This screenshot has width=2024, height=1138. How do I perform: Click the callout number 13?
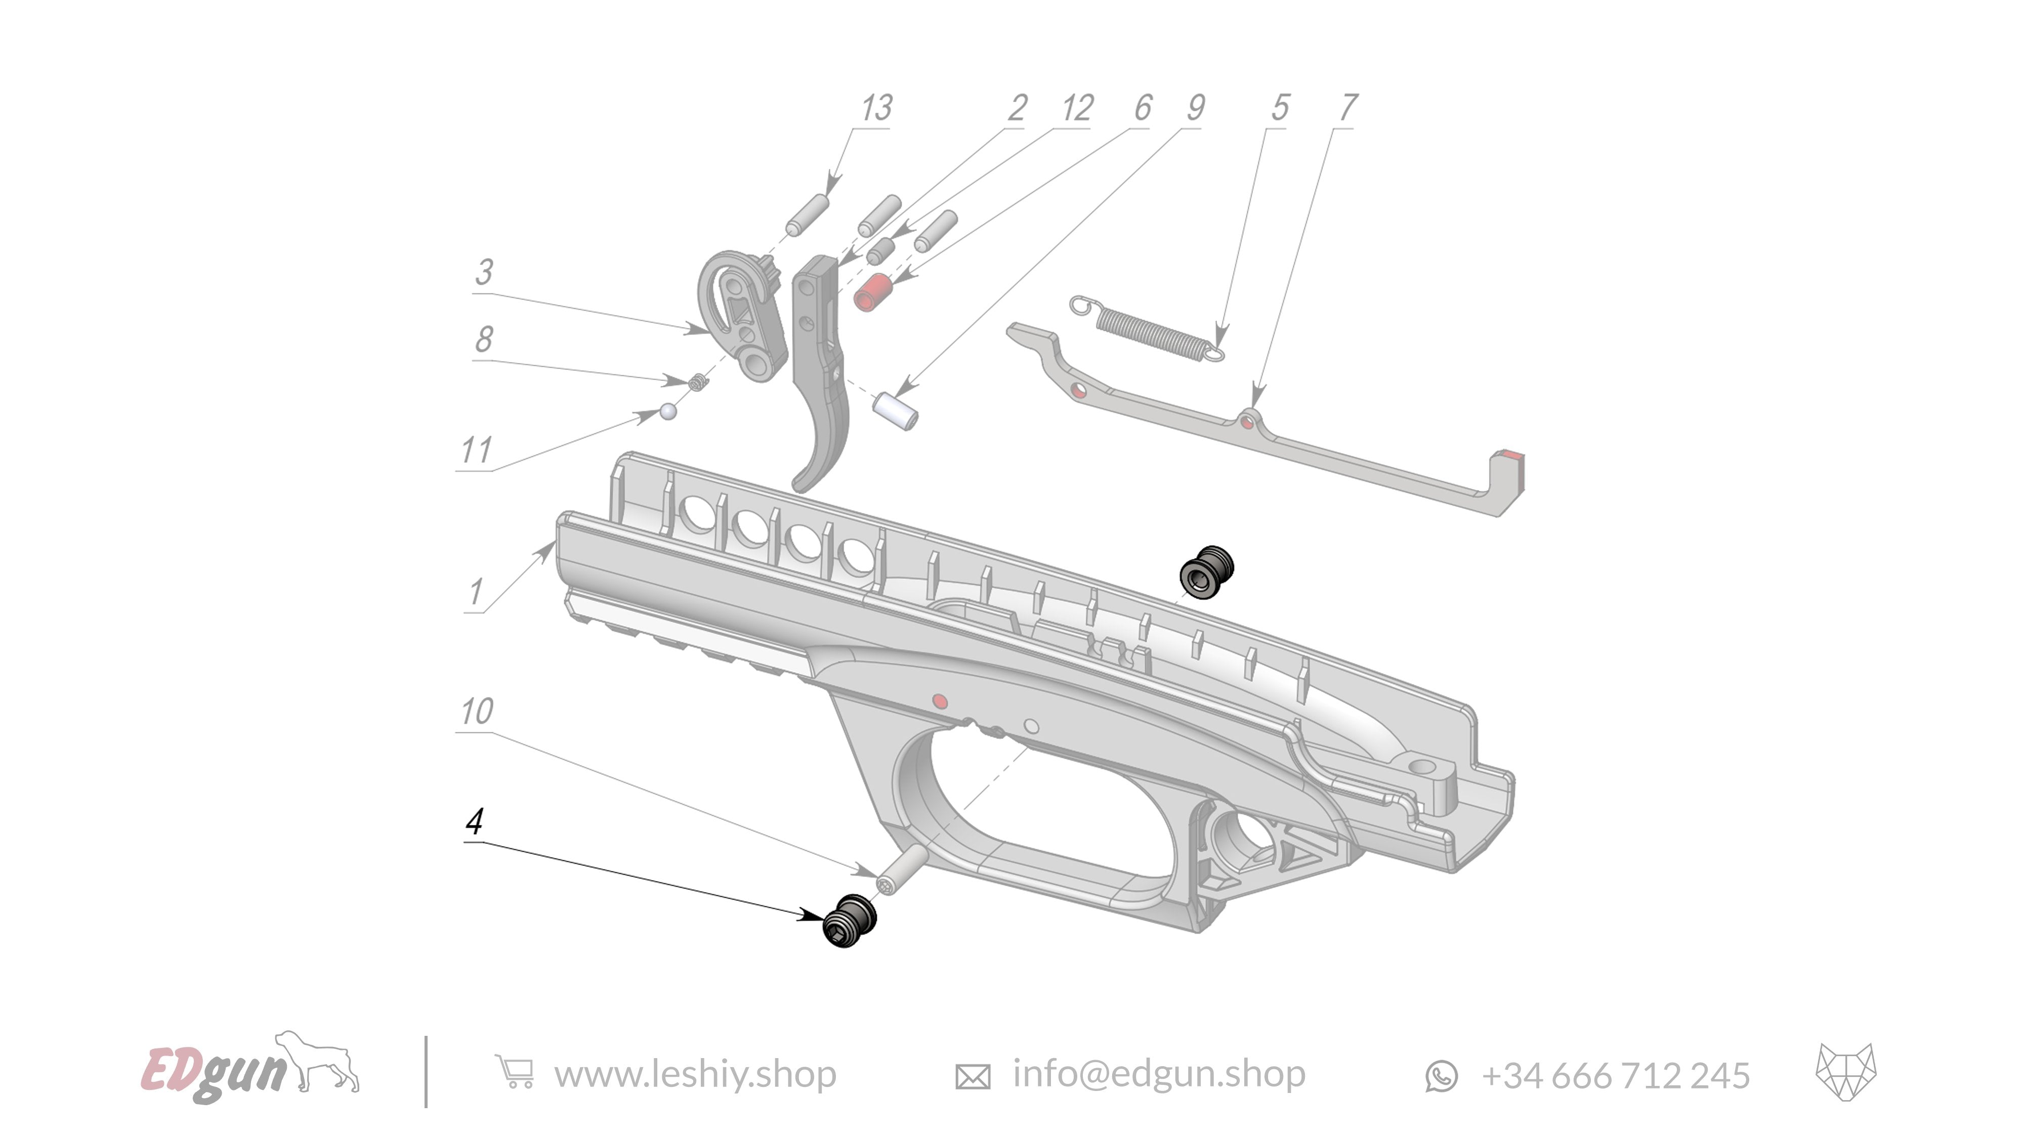(876, 108)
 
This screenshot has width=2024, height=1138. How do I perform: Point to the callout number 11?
(476, 451)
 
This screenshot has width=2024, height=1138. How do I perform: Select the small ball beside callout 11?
(668, 411)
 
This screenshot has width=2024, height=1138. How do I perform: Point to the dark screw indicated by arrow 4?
(849, 921)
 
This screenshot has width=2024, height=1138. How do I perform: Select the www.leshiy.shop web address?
(695, 1074)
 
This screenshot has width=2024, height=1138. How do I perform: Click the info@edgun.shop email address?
(1158, 1074)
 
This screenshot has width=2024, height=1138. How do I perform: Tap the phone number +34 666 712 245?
(1615, 1076)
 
